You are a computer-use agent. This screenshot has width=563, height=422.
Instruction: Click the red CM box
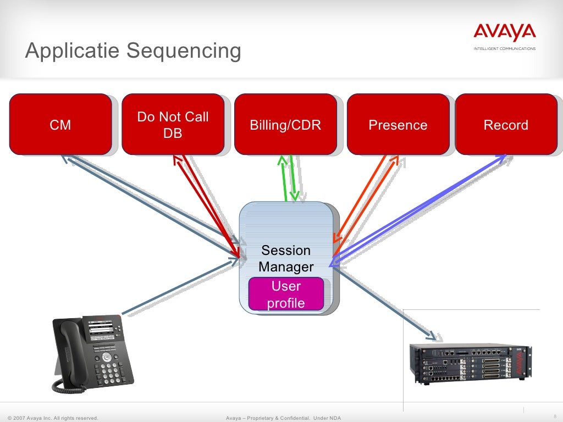click(60, 124)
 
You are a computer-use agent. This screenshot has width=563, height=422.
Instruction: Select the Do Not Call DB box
click(173, 124)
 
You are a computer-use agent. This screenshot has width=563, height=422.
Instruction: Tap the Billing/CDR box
click(285, 124)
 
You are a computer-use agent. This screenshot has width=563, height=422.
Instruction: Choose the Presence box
click(398, 124)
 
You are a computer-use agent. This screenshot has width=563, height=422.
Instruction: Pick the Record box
click(506, 124)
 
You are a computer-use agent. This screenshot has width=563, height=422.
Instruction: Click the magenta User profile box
click(286, 294)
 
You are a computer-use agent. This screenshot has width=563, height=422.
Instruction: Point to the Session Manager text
click(286, 259)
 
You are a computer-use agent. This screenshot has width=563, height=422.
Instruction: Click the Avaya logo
click(504, 35)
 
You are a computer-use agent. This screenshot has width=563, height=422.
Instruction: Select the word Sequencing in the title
click(184, 51)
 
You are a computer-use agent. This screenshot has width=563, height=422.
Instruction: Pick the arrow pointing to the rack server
click(385, 302)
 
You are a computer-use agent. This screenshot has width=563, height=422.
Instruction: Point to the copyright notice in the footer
click(53, 418)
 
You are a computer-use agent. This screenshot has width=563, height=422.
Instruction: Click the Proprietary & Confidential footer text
click(283, 418)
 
